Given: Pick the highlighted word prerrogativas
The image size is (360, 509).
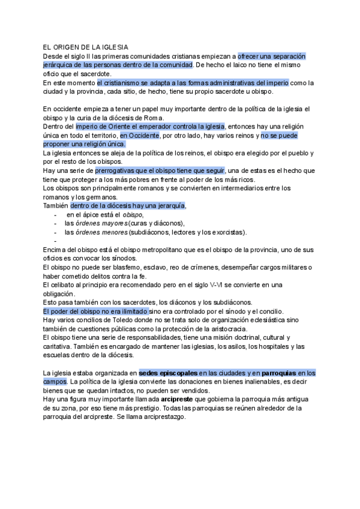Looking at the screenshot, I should click(119, 170).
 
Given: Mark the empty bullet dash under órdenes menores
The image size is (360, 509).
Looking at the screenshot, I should click(55, 241).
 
